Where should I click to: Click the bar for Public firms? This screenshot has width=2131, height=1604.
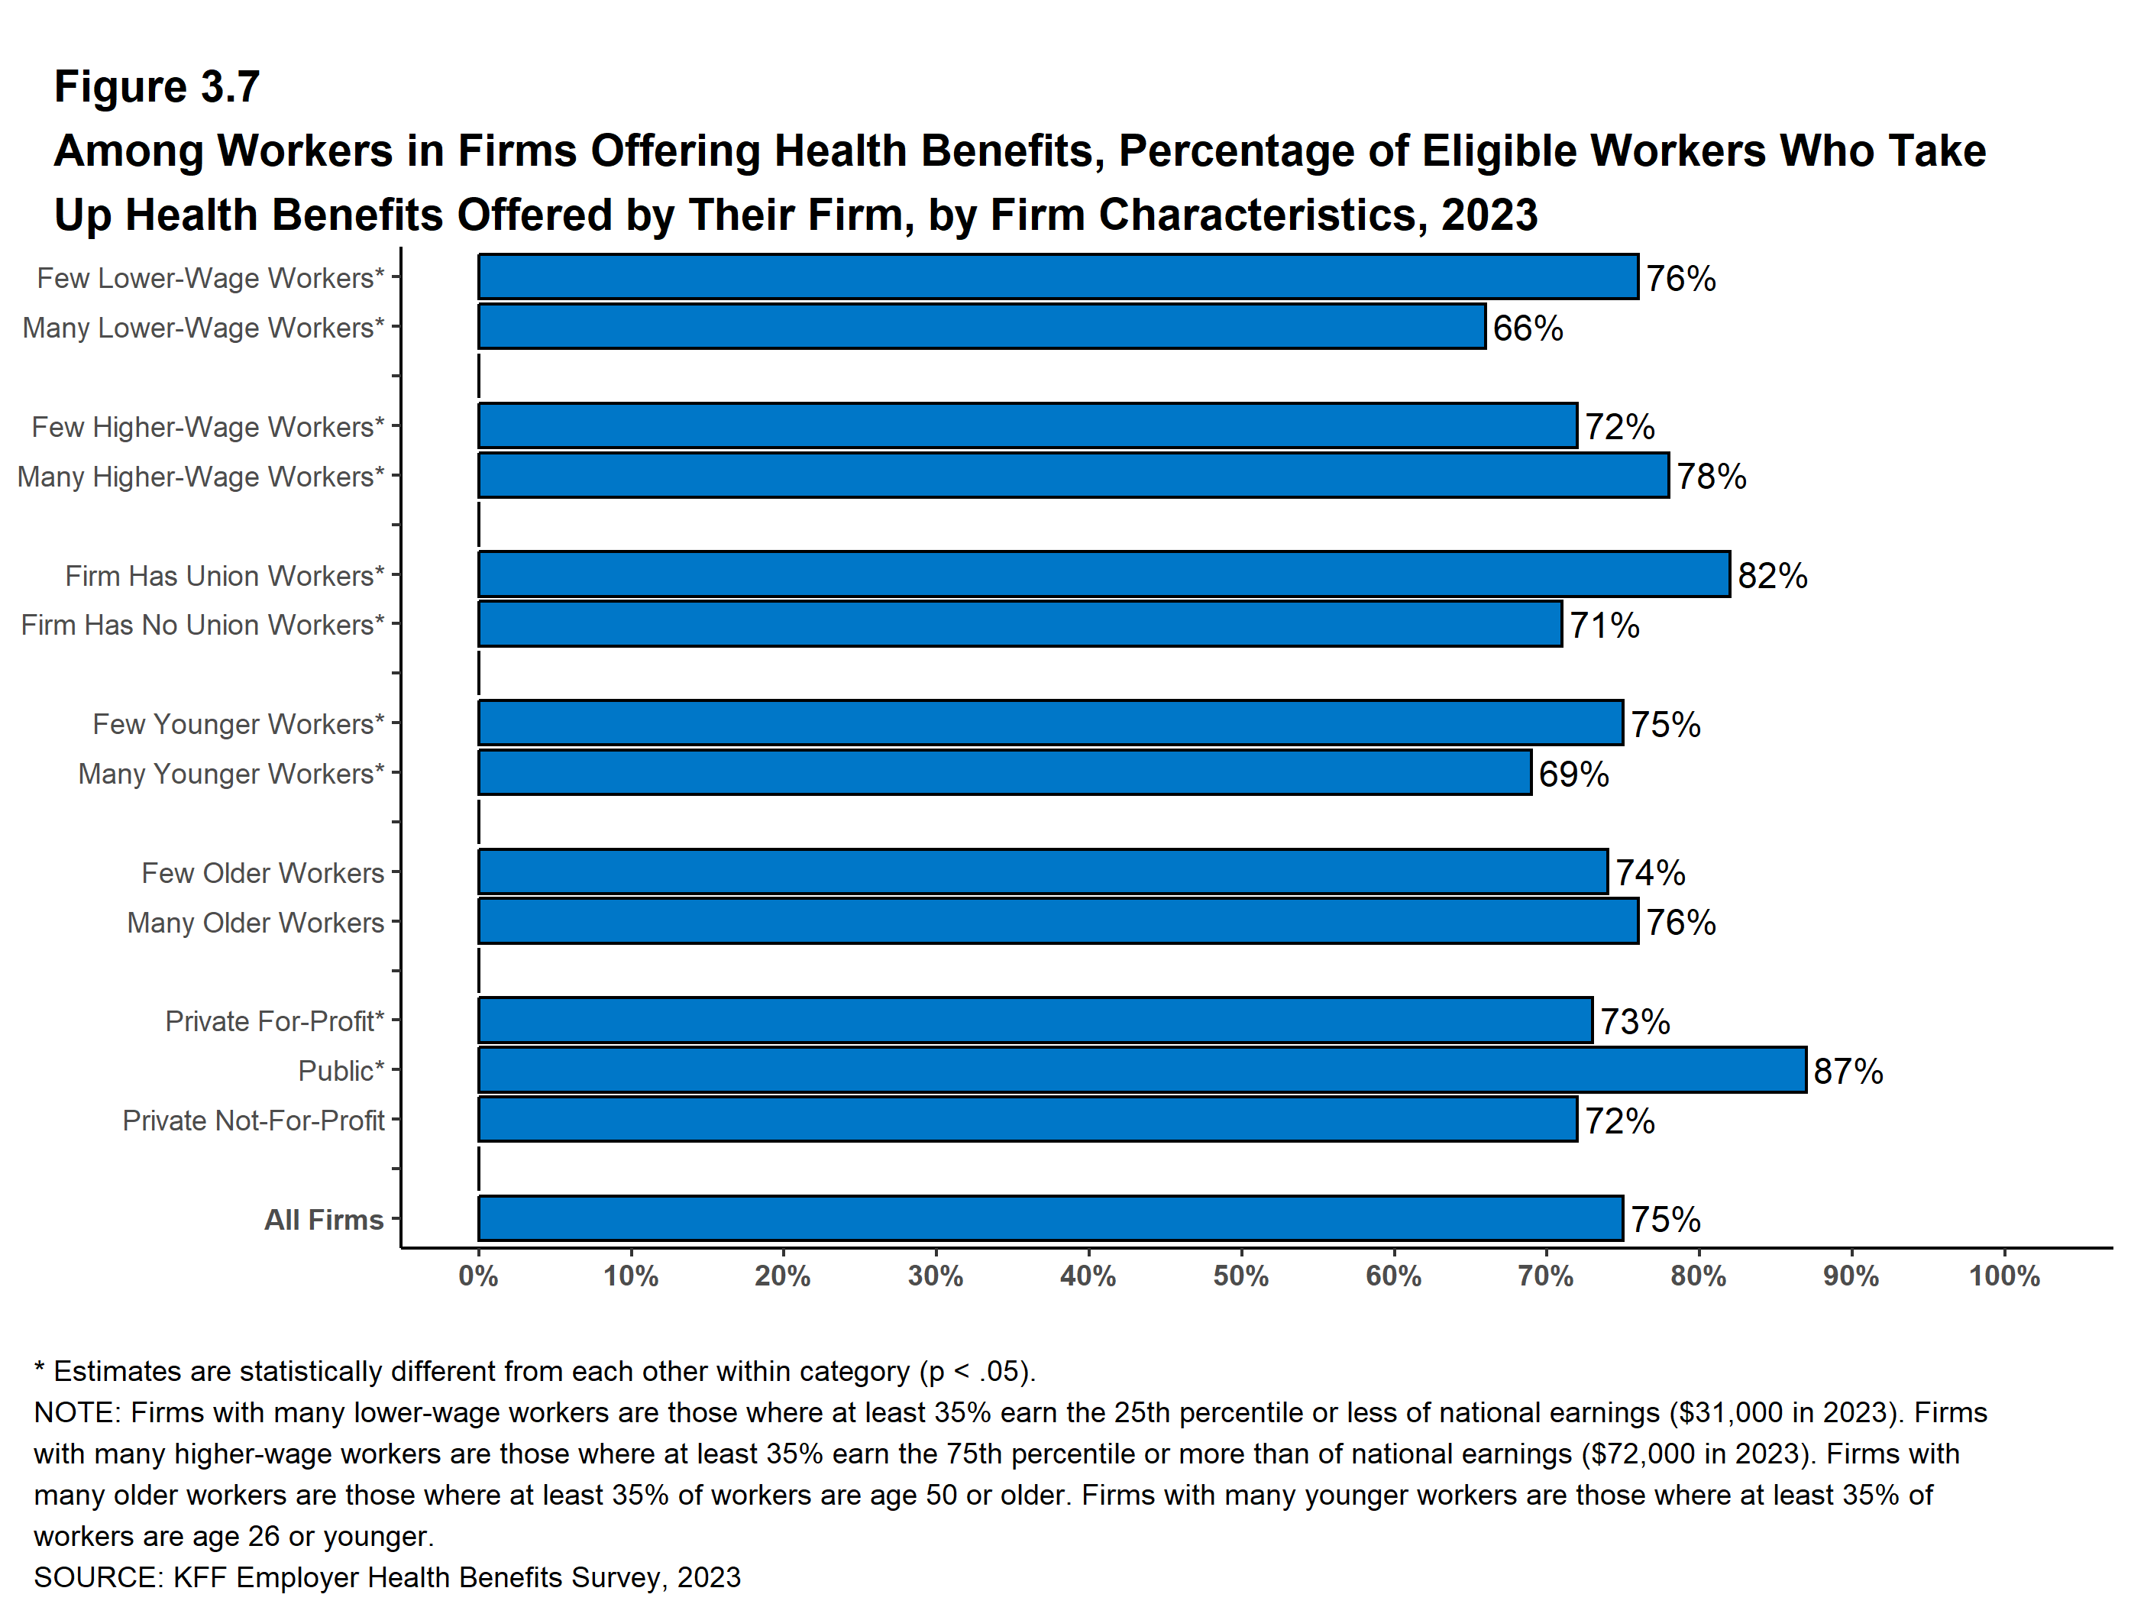tap(1142, 1070)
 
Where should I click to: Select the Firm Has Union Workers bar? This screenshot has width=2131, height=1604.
tap(1103, 575)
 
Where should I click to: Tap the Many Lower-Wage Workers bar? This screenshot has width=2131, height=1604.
tap(981, 328)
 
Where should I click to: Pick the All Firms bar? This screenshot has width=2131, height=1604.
tap(1050, 1218)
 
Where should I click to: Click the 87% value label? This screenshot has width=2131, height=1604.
tap(1848, 1072)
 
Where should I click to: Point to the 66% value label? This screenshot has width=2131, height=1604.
tap(1528, 328)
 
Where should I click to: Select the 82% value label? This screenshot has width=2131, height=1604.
tap(1773, 576)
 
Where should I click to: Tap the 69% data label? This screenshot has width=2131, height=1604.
tap(1573, 775)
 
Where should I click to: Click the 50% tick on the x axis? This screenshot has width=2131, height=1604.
tap(1241, 1276)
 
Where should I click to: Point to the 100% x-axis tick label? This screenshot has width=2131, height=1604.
tap(2004, 1276)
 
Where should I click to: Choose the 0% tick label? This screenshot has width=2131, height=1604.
tap(478, 1276)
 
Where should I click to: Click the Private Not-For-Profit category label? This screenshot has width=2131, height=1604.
tap(254, 1121)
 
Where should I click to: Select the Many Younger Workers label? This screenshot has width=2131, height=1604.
tap(231, 774)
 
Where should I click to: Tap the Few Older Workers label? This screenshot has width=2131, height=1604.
tap(263, 873)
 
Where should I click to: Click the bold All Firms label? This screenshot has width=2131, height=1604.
tap(324, 1220)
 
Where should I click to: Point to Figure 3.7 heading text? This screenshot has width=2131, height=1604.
tap(157, 87)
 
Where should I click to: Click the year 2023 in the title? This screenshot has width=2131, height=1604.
tap(1489, 215)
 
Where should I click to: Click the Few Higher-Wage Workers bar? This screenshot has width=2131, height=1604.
tap(1027, 425)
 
